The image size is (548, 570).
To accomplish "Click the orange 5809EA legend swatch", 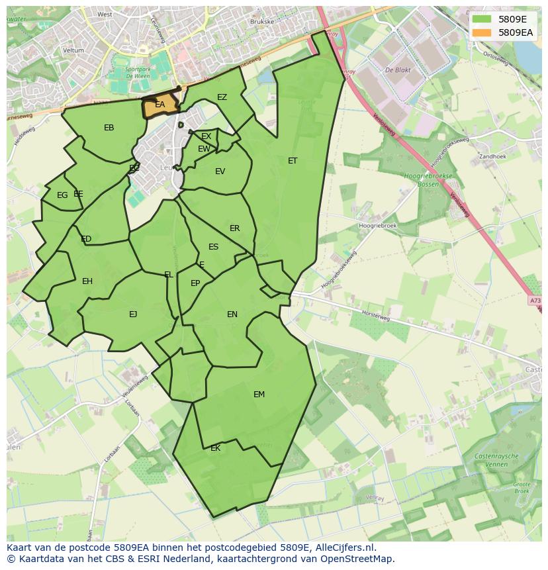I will [483, 32].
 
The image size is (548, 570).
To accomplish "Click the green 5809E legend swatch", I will [483, 19].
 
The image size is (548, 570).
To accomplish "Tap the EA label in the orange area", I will [160, 105].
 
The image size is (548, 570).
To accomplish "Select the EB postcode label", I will [109, 128].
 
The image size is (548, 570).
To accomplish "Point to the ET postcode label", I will [293, 161].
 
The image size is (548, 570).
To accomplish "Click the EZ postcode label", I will [222, 97].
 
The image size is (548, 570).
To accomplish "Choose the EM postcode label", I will [259, 395].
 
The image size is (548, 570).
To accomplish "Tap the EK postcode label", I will [215, 448].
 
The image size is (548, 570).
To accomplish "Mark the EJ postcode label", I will [133, 314].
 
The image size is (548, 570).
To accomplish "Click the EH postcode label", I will [87, 281].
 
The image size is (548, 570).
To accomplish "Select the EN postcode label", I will [232, 314].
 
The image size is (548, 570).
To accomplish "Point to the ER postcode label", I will [235, 228].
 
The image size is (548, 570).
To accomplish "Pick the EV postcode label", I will [220, 171].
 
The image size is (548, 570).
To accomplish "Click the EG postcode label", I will [62, 195].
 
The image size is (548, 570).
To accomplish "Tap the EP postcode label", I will [195, 283].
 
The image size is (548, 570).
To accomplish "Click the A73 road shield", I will [535, 301].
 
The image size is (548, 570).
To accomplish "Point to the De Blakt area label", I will [398, 70].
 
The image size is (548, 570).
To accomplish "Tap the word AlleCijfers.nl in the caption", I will [344, 547].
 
